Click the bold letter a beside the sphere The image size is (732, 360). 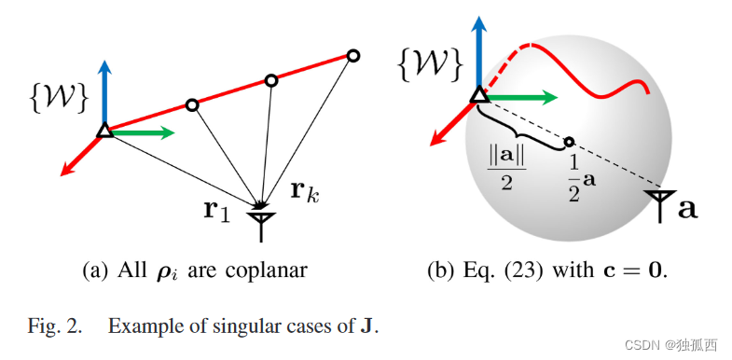click(x=688, y=207)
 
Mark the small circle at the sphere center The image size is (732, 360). click(x=569, y=143)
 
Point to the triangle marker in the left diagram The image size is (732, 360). click(x=104, y=132)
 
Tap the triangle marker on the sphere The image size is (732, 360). click(x=478, y=94)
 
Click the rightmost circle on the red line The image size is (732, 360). click(x=353, y=55)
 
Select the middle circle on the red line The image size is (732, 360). click(x=270, y=80)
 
